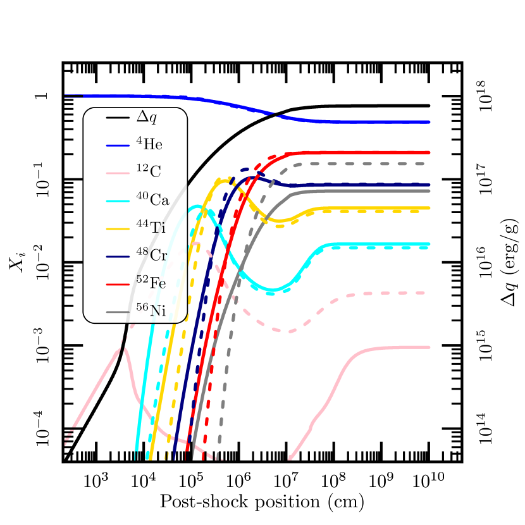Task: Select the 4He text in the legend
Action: pos(149,144)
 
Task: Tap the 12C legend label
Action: pos(149,172)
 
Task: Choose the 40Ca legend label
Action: pos(152,200)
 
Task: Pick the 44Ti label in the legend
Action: pos(151,228)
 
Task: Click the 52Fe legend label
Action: pos(151,283)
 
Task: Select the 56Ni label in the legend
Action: pos(151,311)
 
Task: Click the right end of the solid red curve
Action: pos(428,152)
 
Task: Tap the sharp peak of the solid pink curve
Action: pos(123,347)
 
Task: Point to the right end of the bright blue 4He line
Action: pos(428,121)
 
